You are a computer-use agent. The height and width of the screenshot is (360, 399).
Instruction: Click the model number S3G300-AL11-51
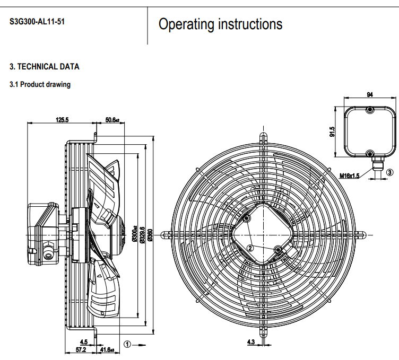tap(37, 23)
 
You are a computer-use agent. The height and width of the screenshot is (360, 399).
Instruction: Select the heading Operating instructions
tap(220, 24)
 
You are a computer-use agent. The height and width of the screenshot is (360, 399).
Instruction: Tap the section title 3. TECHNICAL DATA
tap(45, 67)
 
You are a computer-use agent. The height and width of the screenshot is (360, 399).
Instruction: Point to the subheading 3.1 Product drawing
tap(40, 84)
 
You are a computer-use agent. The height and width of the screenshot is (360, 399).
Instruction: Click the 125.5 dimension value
tap(62, 120)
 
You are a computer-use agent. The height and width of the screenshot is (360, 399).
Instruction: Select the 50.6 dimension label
tap(112, 120)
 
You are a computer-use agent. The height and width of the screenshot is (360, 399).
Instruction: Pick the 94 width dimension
tap(369, 95)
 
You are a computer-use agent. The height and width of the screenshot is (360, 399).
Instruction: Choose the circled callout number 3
tap(389, 172)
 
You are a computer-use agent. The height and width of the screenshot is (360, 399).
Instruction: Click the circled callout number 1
tap(127, 344)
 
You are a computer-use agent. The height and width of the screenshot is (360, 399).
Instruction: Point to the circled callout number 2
tap(250, 247)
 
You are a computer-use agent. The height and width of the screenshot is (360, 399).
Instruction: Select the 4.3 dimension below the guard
tap(251, 342)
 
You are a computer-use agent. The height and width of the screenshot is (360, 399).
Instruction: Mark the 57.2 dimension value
tap(81, 350)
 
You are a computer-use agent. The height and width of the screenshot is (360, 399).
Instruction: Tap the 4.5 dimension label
tap(83, 342)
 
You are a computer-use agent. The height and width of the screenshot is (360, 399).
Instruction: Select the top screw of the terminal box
tap(370, 110)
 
